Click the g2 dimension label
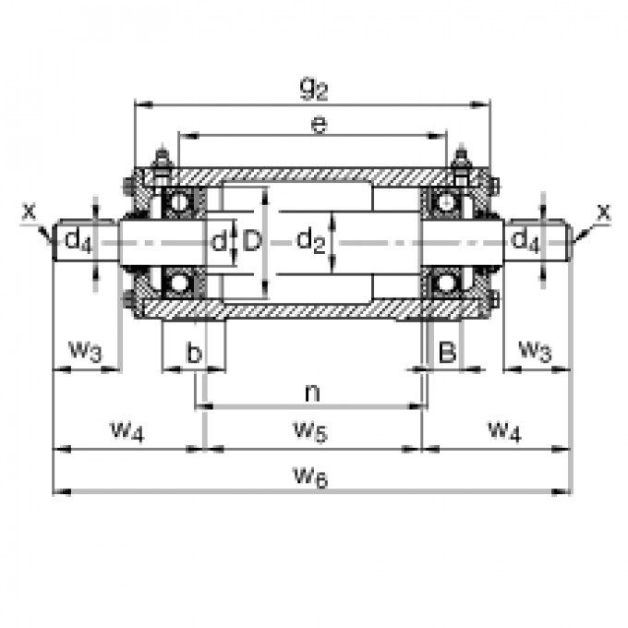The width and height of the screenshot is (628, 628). pos(313,89)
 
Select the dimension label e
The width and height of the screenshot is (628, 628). pos(318,125)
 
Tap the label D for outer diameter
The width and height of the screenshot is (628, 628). pos(251,242)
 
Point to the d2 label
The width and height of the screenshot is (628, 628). pos(311,242)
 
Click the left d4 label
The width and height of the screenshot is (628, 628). pos(78,242)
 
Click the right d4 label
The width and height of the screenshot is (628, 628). pos(525,242)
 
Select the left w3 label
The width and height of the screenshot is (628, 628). pos(84,350)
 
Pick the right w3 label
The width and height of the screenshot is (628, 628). pos(535,350)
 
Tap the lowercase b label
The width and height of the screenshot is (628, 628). pos(193,352)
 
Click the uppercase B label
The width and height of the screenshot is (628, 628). pos(447,351)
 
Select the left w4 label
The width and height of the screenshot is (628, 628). pos(127,429)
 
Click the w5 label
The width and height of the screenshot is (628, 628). pos(311,429)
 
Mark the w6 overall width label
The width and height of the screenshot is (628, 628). pos(311,475)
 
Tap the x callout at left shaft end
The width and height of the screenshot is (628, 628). pos(29,211)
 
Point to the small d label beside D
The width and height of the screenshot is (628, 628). pos(218,242)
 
